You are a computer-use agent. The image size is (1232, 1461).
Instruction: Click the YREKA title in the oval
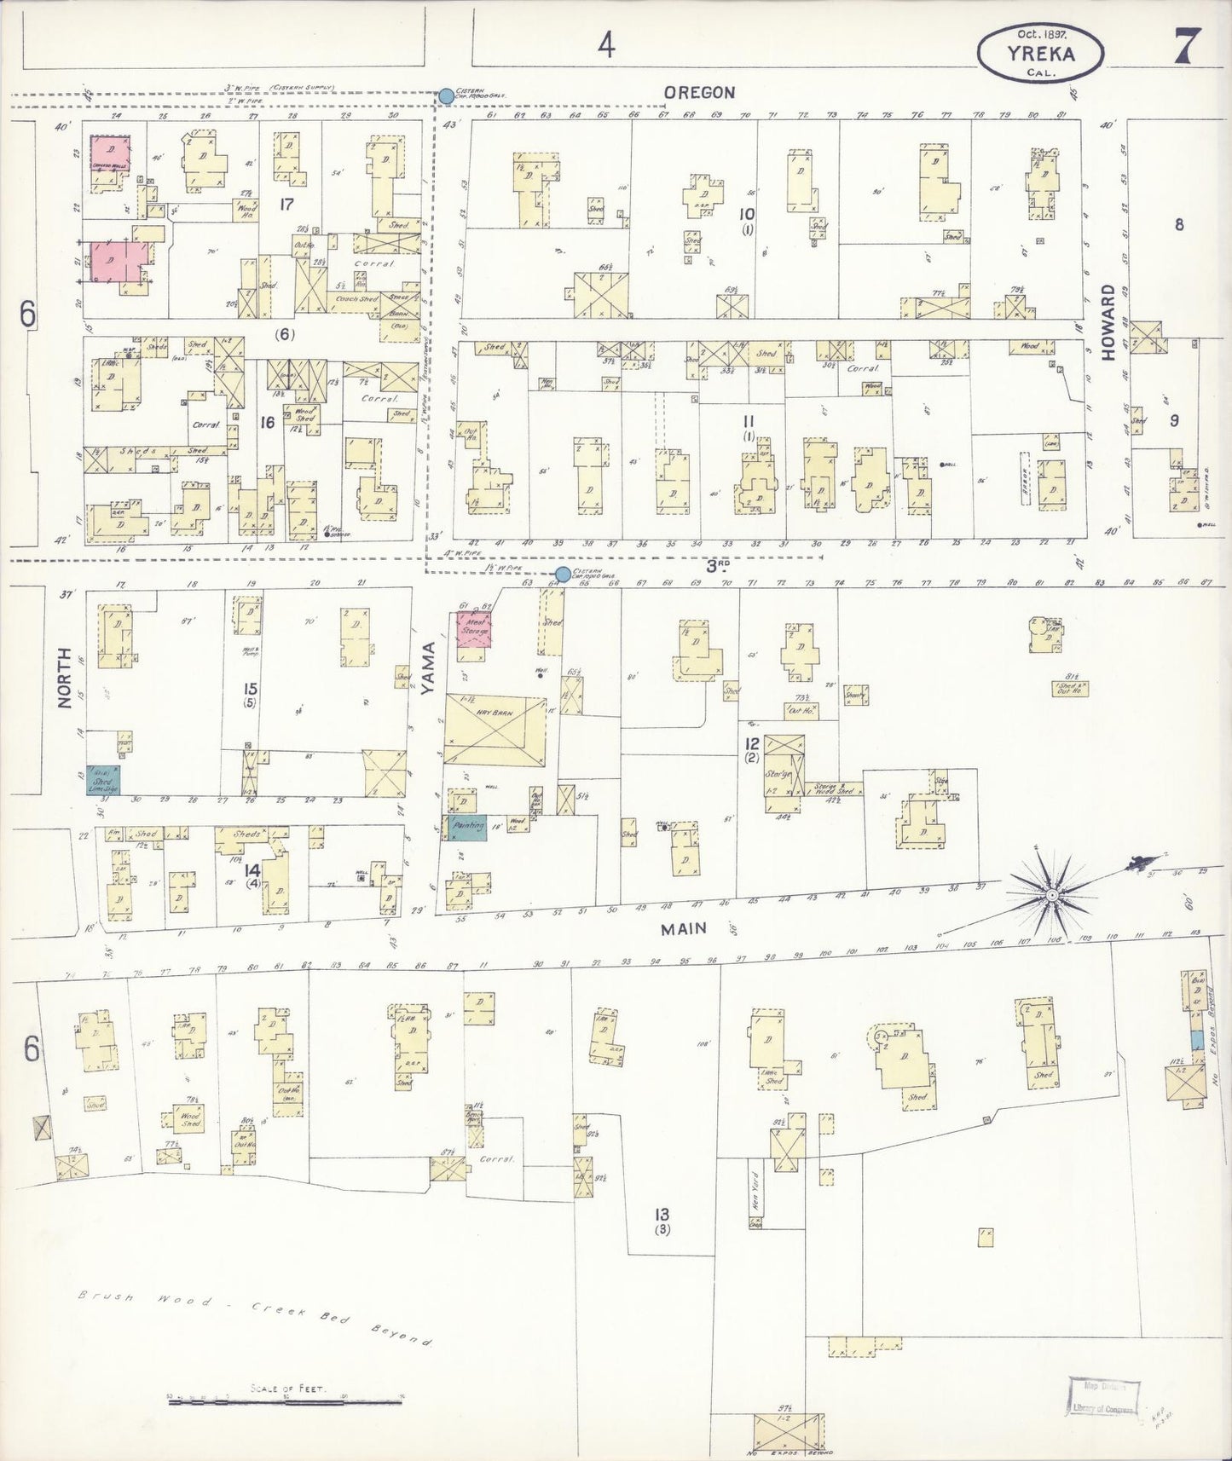(x=1039, y=53)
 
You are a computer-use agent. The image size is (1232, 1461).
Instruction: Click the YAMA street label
(x=429, y=670)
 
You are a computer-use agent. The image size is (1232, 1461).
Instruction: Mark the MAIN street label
(x=684, y=928)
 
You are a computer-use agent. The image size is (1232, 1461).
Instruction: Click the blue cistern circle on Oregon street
(x=446, y=96)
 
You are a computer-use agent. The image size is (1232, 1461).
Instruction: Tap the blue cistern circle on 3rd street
(x=563, y=574)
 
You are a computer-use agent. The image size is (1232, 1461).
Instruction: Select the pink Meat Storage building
(x=473, y=629)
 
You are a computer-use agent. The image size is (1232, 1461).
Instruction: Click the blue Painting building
(x=465, y=827)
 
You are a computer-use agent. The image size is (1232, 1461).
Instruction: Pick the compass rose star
(x=1052, y=895)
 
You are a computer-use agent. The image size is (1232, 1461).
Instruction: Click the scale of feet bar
(x=286, y=1401)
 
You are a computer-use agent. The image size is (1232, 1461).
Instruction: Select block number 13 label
(x=661, y=1216)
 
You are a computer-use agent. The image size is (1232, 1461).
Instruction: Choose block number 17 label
(x=286, y=205)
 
